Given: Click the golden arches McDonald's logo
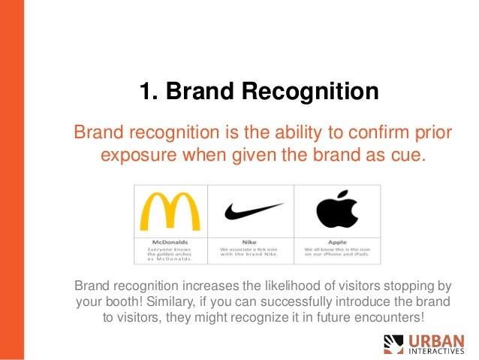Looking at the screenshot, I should click(x=170, y=211).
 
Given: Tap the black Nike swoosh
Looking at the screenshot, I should click(x=254, y=210).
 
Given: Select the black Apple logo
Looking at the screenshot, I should click(x=337, y=209).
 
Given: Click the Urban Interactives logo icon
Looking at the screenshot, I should click(x=393, y=344).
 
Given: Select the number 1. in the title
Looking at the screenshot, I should click(x=149, y=92).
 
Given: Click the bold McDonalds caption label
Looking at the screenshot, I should click(x=170, y=242).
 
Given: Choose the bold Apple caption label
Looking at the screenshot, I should click(x=336, y=242).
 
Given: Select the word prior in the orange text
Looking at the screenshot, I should click(x=435, y=134).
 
